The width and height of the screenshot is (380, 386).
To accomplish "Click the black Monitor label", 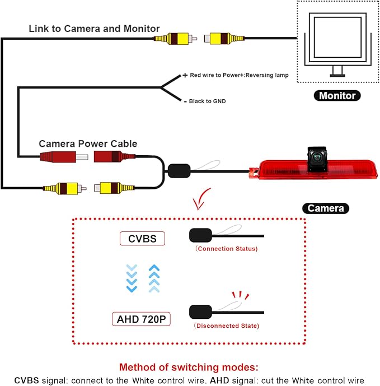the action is [x=337, y=95].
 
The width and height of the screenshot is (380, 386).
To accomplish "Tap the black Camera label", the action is [x=325, y=208].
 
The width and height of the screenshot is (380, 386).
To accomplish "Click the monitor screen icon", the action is [x=337, y=45].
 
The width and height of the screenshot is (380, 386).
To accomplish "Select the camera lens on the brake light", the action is [x=317, y=157].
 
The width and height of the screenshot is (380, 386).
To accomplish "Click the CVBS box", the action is [x=142, y=239].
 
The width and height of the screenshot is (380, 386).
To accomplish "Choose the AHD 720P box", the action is [x=141, y=319].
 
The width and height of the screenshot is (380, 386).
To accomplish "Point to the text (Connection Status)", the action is [x=226, y=249].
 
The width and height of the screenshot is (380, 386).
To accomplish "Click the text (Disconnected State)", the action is [x=226, y=325].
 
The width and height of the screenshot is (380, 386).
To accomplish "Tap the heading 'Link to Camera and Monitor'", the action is [x=94, y=29].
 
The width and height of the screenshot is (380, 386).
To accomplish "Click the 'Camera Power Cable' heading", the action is [x=88, y=143].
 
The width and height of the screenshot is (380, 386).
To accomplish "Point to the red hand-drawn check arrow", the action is [x=201, y=199].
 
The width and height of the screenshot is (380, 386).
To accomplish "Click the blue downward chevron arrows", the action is [x=132, y=278].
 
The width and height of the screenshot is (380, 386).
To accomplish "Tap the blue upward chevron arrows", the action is [x=154, y=278].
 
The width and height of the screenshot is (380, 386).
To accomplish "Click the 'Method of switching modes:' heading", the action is [x=189, y=367].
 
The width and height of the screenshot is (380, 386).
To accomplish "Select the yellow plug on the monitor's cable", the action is [x=224, y=39].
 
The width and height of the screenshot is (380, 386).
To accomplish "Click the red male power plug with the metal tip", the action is [x=64, y=157].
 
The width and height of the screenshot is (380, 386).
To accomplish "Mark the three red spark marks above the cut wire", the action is [x=240, y=295].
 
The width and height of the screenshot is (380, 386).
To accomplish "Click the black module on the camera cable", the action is [x=179, y=171].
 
